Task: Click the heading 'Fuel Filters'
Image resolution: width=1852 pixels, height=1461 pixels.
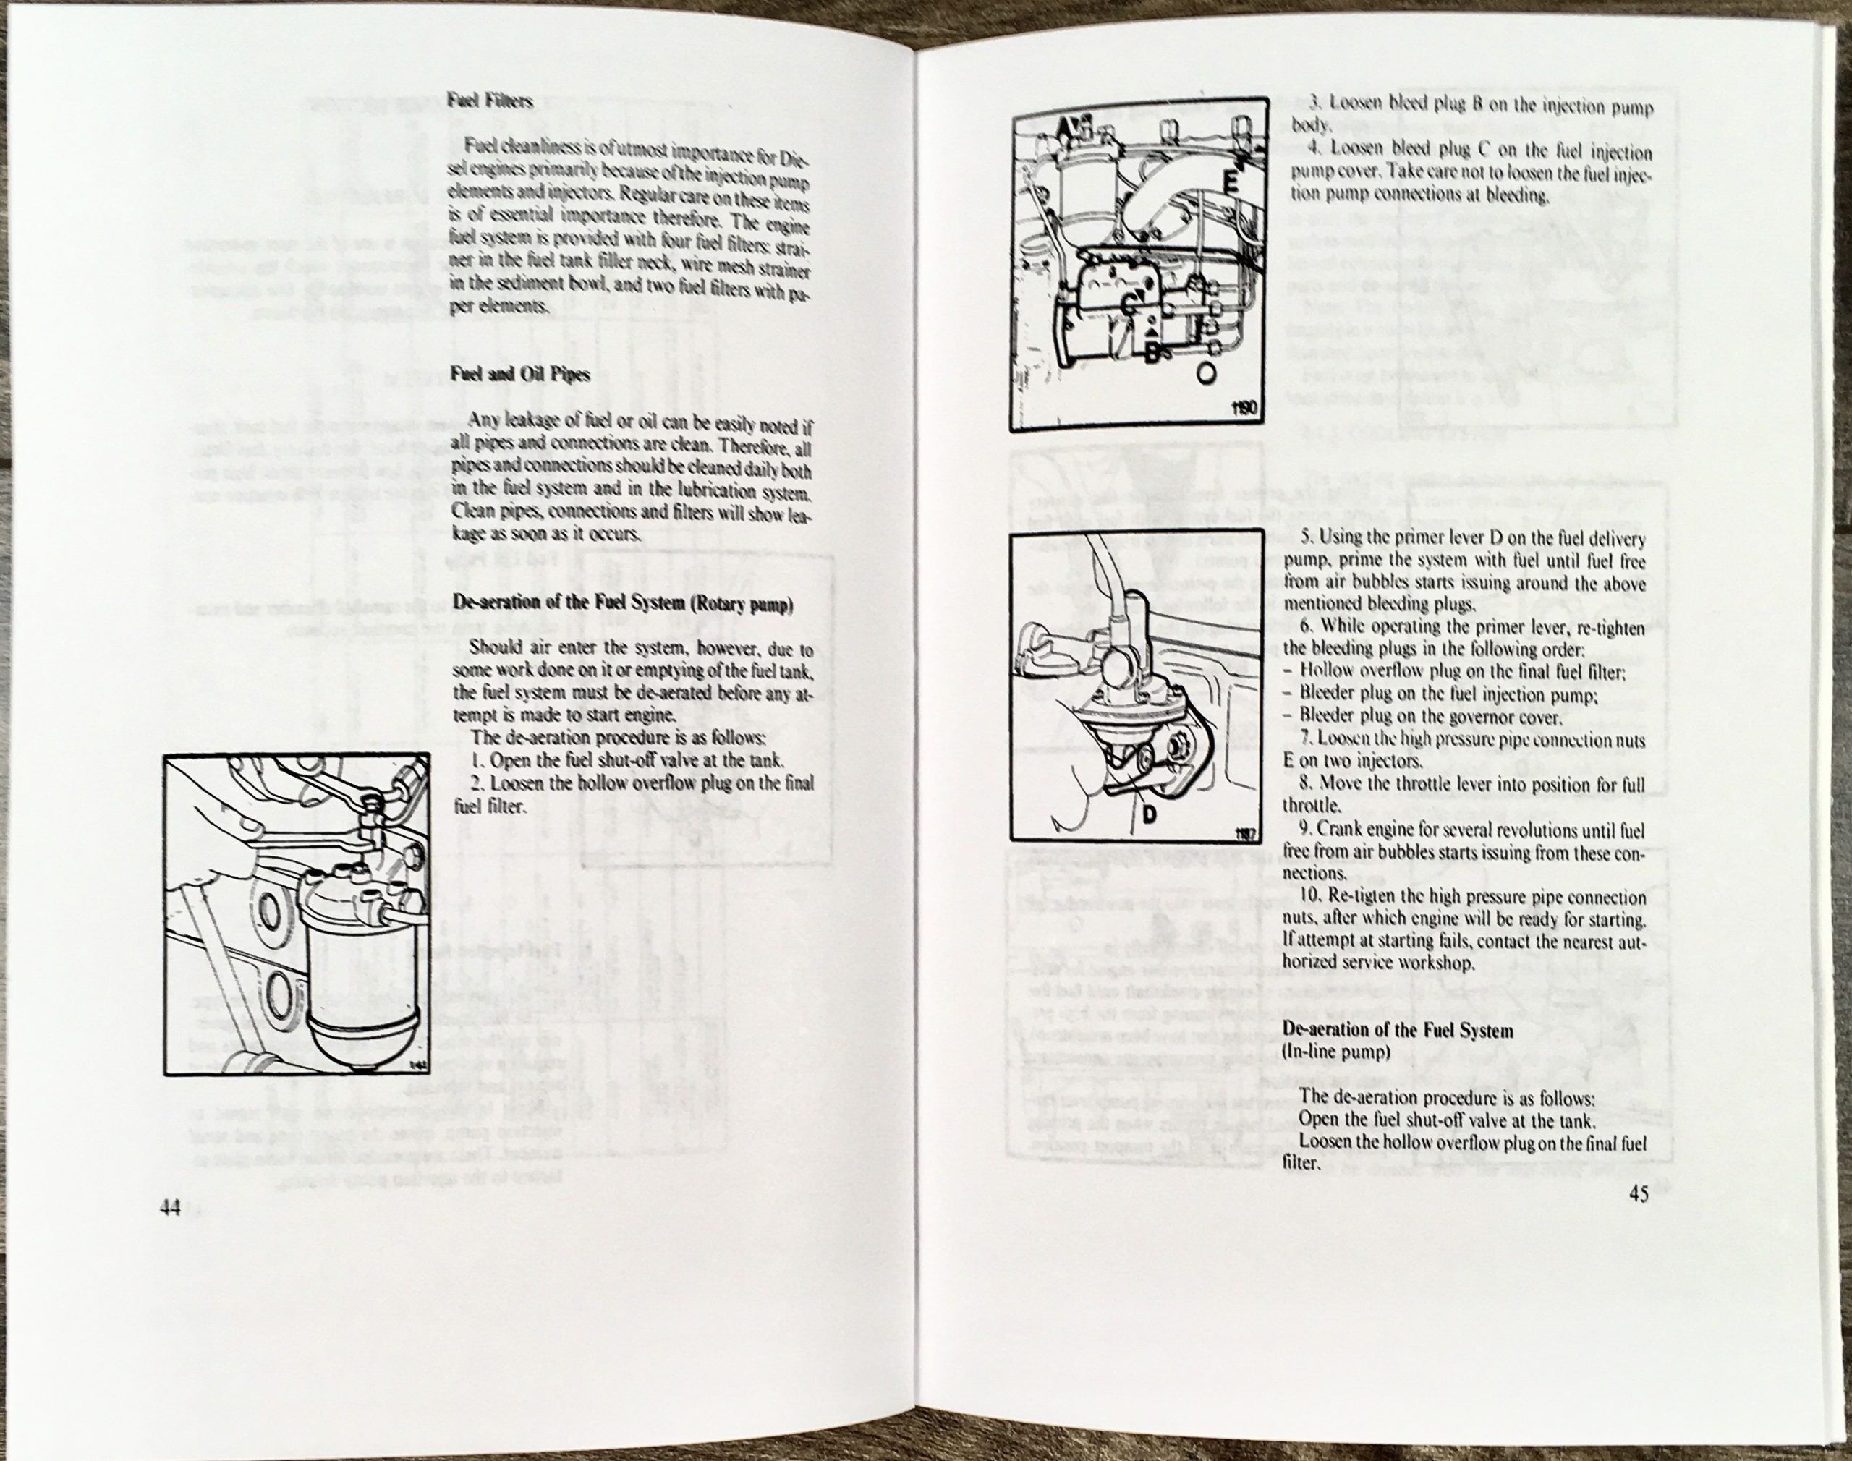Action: coord(489,101)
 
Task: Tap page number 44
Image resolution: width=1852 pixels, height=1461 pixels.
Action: coord(169,1209)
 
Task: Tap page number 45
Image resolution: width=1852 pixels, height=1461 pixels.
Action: coord(1638,1195)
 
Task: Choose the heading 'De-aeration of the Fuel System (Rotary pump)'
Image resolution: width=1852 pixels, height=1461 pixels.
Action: coord(622,604)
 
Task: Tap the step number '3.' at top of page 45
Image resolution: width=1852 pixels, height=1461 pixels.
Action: coord(1317,109)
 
